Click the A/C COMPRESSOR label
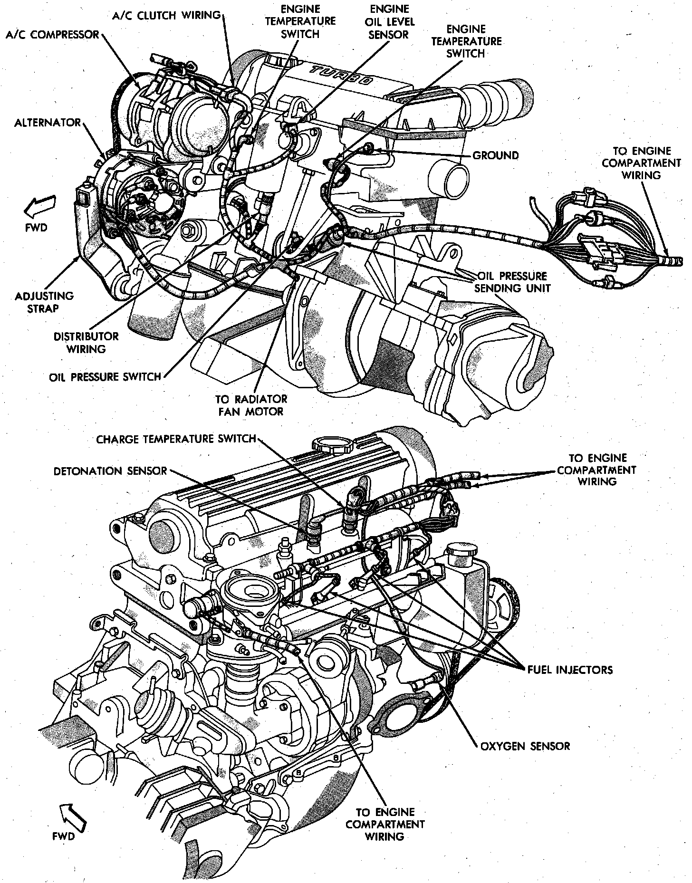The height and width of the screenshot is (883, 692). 52,35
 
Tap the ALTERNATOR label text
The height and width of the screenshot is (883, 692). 48,123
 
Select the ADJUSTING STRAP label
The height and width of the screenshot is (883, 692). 44,302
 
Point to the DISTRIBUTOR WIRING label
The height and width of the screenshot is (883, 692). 86,343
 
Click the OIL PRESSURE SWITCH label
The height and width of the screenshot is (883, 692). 105,377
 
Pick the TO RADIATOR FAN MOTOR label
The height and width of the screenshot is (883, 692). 251,405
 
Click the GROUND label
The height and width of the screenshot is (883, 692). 496,155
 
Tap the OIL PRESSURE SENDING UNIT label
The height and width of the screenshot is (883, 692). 512,282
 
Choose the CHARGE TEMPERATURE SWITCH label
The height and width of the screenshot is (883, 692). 176,439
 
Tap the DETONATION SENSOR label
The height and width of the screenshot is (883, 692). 110,471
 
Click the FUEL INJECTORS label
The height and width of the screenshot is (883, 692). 570,670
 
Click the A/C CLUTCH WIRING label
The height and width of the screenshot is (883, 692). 167,15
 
